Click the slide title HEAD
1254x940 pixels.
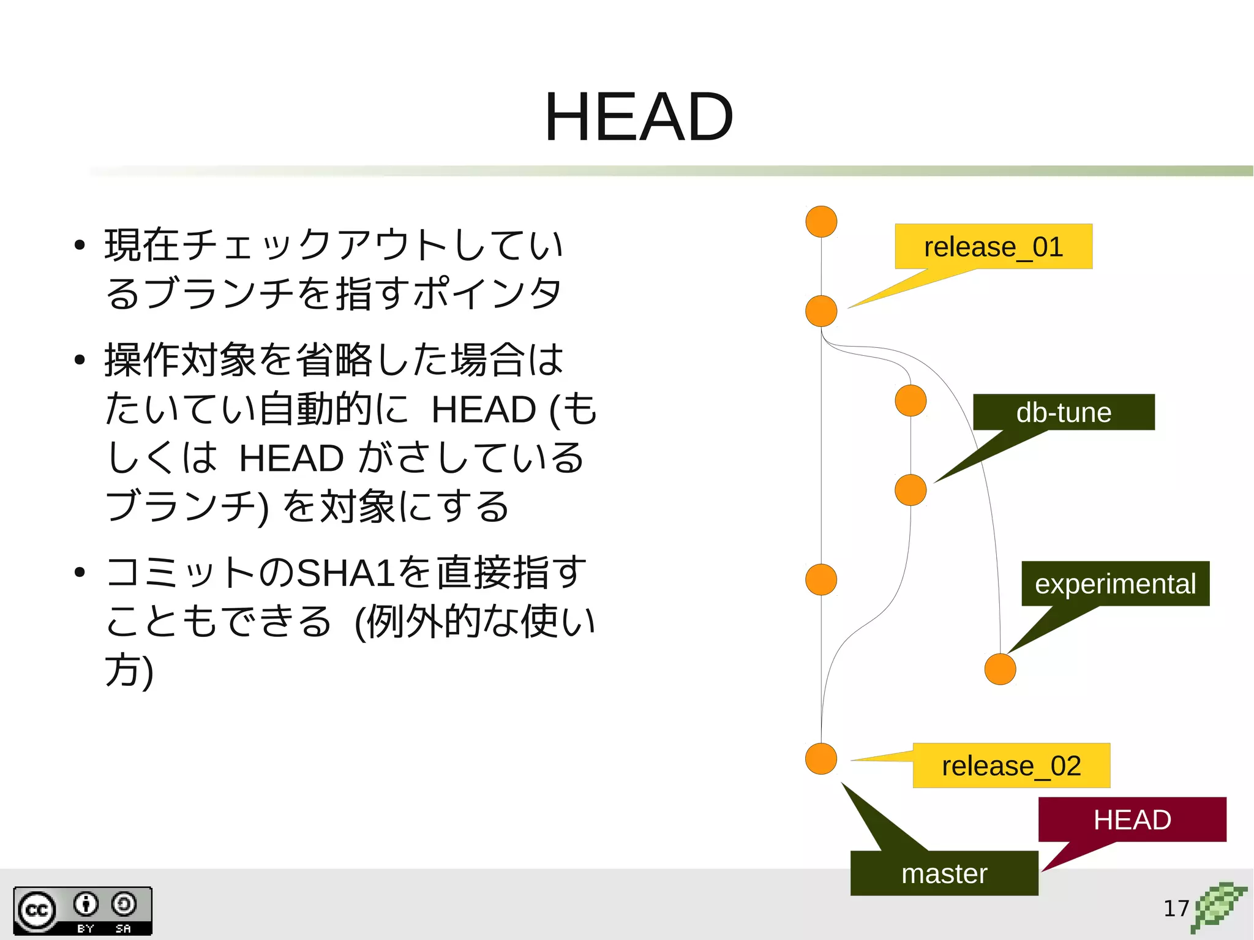[638, 117]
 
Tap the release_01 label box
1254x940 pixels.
[993, 247]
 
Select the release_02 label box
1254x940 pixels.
[1011, 765]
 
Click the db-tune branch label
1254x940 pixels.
[1064, 412]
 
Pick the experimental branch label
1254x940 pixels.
[1115, 584]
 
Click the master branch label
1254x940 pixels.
[944, 873]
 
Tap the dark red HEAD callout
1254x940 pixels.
[1132, 819]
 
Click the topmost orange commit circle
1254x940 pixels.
[821, 222]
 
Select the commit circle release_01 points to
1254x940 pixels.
[821, 311]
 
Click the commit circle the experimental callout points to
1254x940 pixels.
[1000, 669]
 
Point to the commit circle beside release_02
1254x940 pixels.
[821, 759]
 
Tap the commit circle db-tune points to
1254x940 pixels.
[910, 490]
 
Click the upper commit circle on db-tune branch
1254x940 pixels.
[910, 400]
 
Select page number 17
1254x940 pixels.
[1176, 908]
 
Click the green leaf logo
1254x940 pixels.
[1218, 906]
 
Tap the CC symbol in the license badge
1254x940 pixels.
[37, 910]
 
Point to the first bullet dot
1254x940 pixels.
[79, 246]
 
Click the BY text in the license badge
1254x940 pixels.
[86, 928]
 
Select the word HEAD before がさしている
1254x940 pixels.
[291, 458]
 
